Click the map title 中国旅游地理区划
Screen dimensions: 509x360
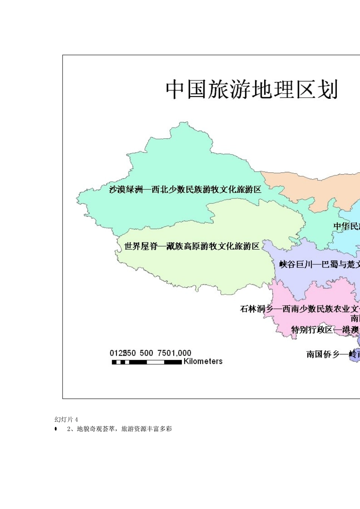point(251,89)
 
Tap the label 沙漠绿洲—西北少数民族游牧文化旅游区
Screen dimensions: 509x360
point(185,189)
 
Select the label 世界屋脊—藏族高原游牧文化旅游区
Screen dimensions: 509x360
point(192,247)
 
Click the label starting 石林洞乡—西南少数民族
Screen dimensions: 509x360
point(299,309)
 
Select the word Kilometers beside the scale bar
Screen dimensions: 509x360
point(203,361)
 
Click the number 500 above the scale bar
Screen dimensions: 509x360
point(146,353)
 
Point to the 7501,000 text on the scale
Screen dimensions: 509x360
point(174,353)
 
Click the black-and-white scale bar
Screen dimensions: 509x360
point(147,362)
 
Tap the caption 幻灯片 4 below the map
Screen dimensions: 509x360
point(66,420)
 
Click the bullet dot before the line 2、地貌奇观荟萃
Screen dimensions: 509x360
point(56,429)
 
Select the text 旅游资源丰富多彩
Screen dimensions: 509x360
point(146,429)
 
